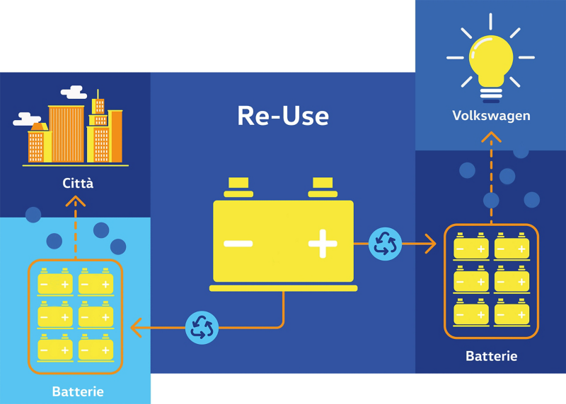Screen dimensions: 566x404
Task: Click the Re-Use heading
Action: coord(283,116)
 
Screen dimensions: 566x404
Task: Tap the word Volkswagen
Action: coord(491,116)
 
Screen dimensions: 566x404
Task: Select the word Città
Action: coord(78,183)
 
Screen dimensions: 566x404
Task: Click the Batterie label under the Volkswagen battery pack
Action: coord(491,356)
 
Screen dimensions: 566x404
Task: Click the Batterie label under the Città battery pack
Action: coord(78,391)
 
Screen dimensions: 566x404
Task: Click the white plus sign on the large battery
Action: coord(323,244)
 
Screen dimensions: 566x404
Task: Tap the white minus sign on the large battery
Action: coord(238,244)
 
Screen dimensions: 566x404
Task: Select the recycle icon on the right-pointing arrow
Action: coord(385,244)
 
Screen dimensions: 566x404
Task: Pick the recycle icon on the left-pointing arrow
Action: coord(202,328)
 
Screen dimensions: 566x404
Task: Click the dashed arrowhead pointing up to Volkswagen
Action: coord(491,137)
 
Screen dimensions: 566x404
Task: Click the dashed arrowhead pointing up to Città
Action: coord(76,201)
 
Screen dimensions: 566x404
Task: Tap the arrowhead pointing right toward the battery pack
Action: coord(431,244)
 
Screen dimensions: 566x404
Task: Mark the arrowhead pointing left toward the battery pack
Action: coord(136,328)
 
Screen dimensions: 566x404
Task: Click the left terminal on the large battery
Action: coord(238,187)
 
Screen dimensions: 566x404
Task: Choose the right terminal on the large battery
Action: coord(323,187)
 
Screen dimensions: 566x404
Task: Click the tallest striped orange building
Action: coord(67,133)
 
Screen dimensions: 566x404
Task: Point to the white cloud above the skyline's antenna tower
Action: coord(74,93)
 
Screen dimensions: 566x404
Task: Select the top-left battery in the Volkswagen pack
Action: coord(471,246)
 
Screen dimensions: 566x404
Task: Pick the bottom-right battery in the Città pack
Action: coord(96,347)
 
